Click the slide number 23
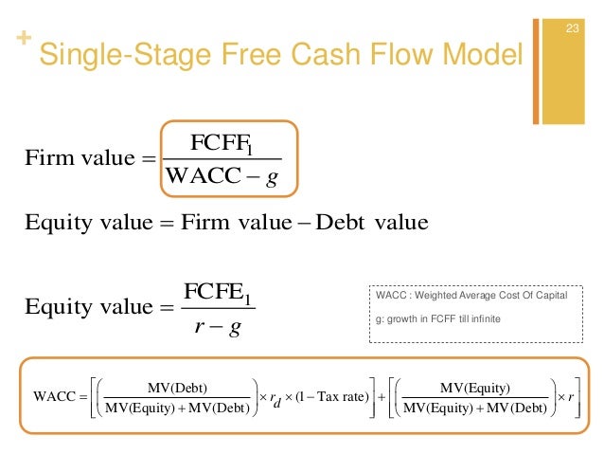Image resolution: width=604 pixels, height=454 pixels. point(571,27)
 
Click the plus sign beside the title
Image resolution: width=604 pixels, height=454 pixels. point(22,40)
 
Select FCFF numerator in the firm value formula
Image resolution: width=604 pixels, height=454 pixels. point(221,145)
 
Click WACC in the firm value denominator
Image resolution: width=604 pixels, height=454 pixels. point(201,176)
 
